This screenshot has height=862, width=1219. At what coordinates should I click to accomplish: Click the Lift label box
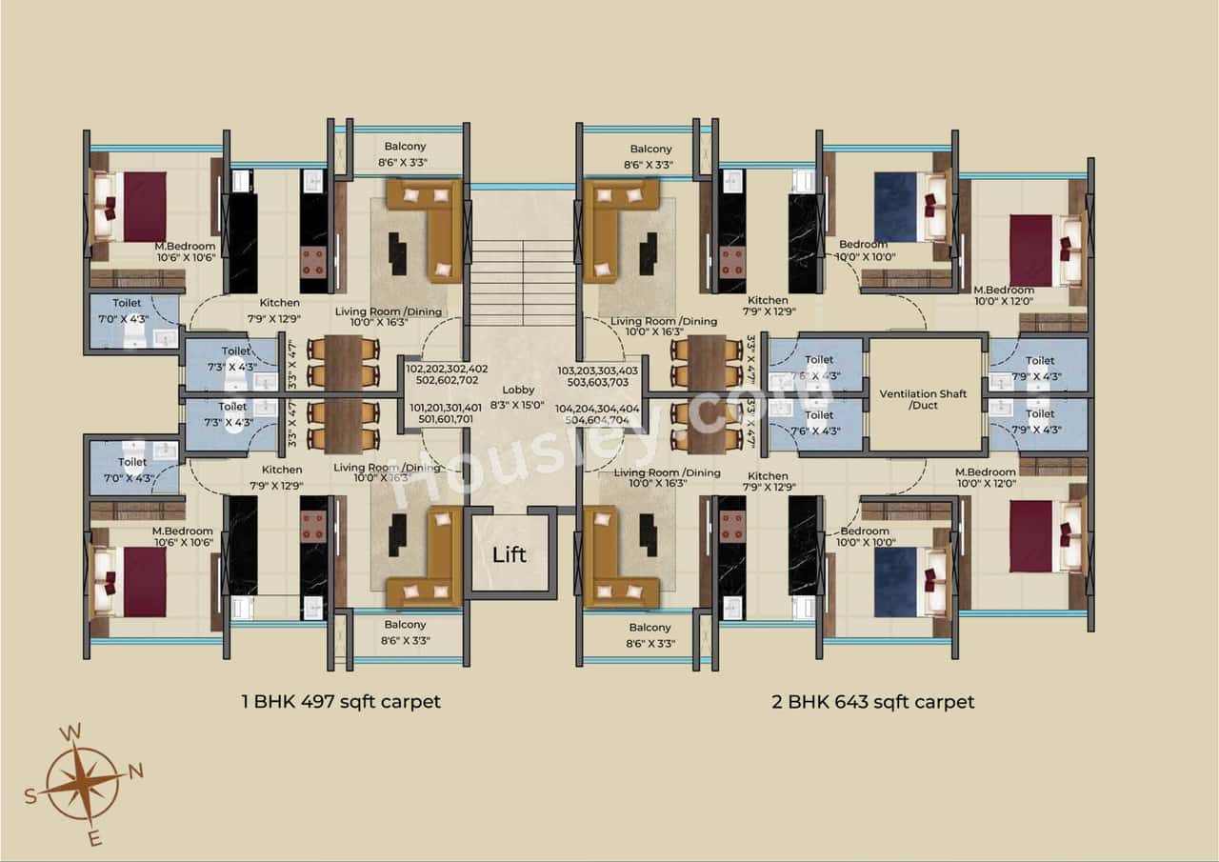click(510, 554)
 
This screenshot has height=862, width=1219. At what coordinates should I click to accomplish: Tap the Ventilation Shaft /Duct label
click(925, 400)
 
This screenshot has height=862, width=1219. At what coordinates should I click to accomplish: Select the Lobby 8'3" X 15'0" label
click(519, 397)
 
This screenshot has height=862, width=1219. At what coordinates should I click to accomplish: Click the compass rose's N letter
click(136, 771)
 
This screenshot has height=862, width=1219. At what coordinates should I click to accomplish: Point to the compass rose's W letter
click(70, 732)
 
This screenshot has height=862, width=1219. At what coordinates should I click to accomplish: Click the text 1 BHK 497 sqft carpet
click(341, 702)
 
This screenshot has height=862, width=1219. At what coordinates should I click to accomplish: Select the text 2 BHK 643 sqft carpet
click(872, 702)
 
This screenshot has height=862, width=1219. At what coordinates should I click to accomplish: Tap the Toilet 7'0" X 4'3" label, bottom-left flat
click(132, 470)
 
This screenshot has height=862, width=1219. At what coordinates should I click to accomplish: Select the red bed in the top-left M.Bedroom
click(143, 207)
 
